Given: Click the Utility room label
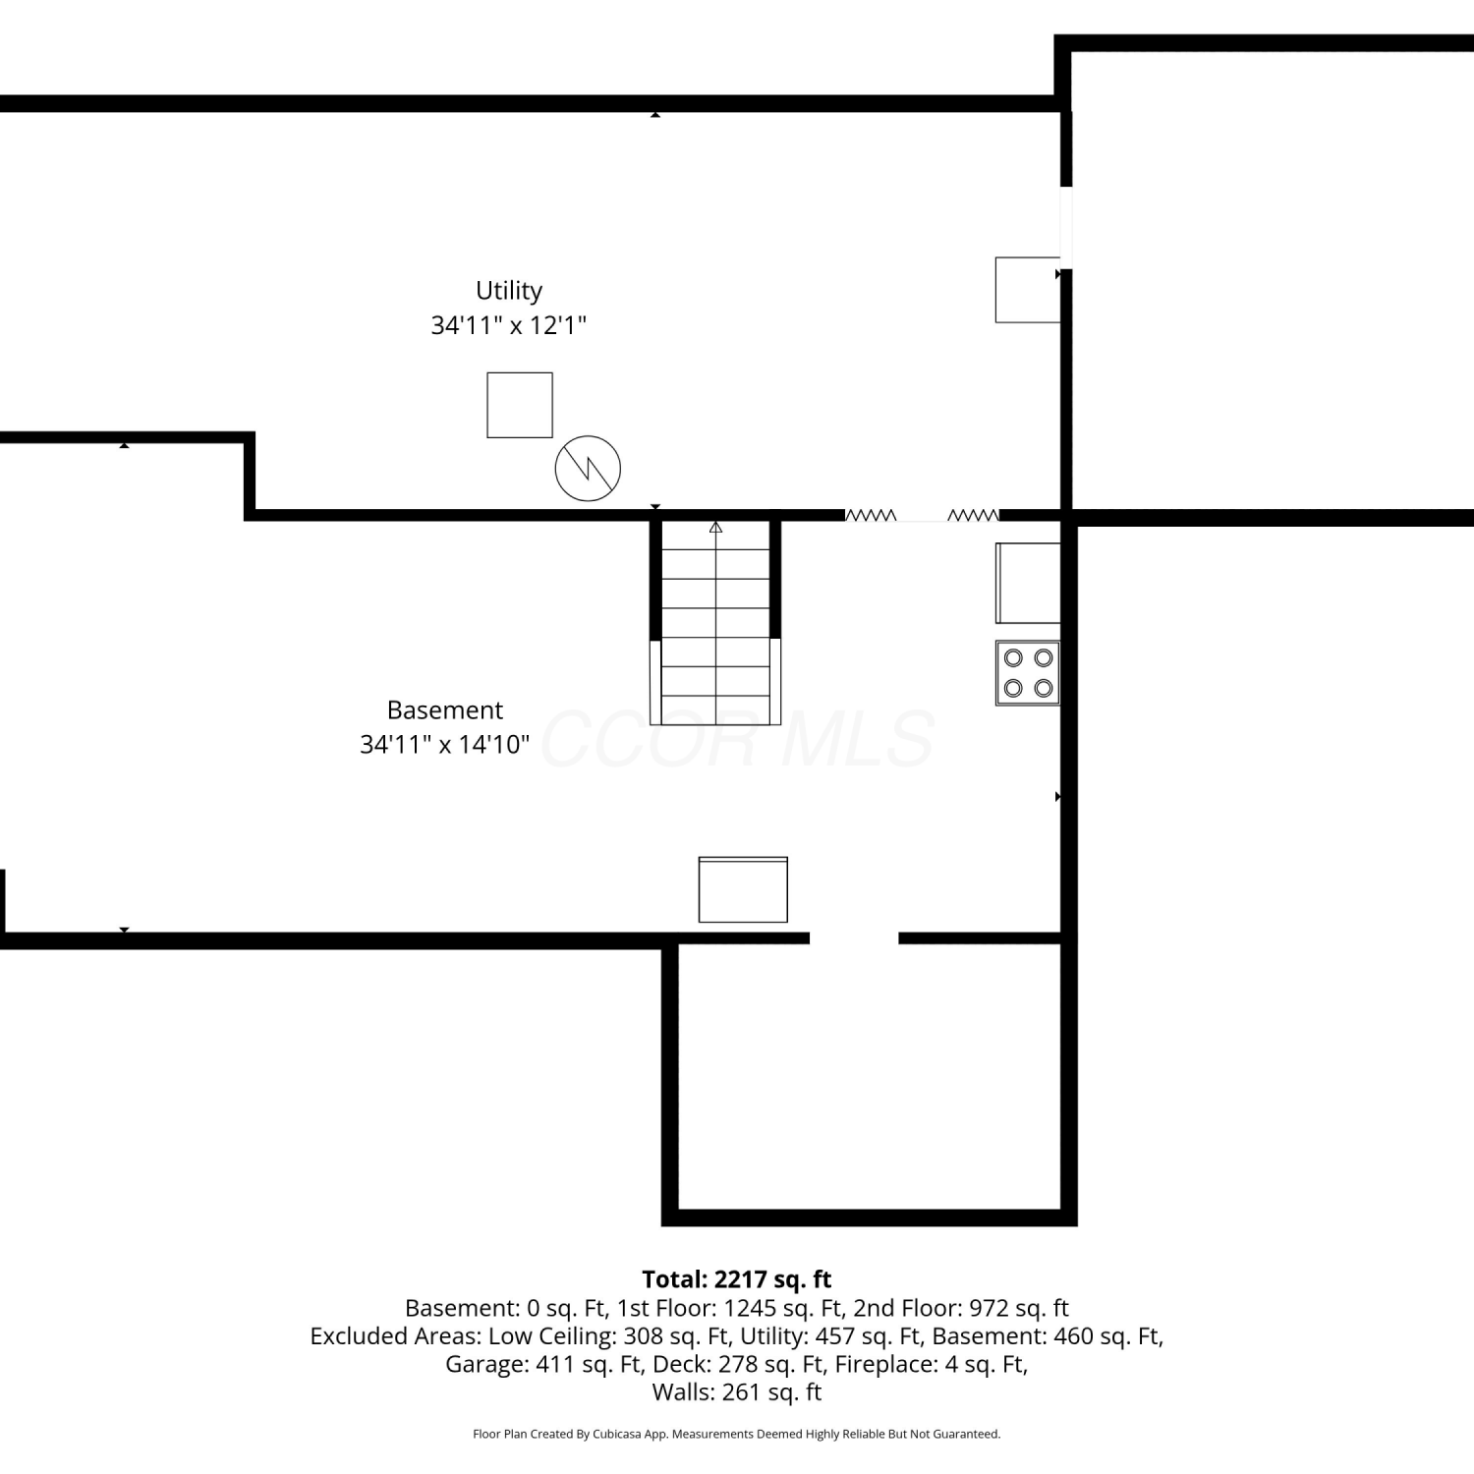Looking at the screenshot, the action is pyautogui.click(x=509, y=291).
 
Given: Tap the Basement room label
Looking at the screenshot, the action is pyautogui.click(x=445, y=710).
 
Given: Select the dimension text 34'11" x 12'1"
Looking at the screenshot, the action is pyautogui.click(x=509, y=325).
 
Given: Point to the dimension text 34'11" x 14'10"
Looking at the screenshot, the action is pyautogui.click(x=445, y=745).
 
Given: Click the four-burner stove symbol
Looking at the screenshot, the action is pyautogui.click(x=1028, y=673).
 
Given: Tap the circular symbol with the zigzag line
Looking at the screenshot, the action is pyautogui.click(x=588, y=469).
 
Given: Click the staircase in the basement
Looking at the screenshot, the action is pyautogui.click(x=715, y=623).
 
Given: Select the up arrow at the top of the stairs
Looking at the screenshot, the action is pyautogui.click(x=715, y=528).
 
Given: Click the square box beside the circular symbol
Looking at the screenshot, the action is pyautogui.click(x=520, y=405).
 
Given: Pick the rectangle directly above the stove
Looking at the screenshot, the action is pyautogui.click(x=1028, y=583).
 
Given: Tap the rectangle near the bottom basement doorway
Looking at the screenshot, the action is pyautogui.click(x=743, y=889).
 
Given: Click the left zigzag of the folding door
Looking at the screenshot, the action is pyautogui.click(x=871, y=515).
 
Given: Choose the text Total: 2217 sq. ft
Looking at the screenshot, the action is pyautogui.click(x=737, y=1279).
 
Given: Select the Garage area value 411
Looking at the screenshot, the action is pyautogui.click(x=556, y=1365).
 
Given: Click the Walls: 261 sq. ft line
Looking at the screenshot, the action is pyautogui.click(x=737, y=1392).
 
